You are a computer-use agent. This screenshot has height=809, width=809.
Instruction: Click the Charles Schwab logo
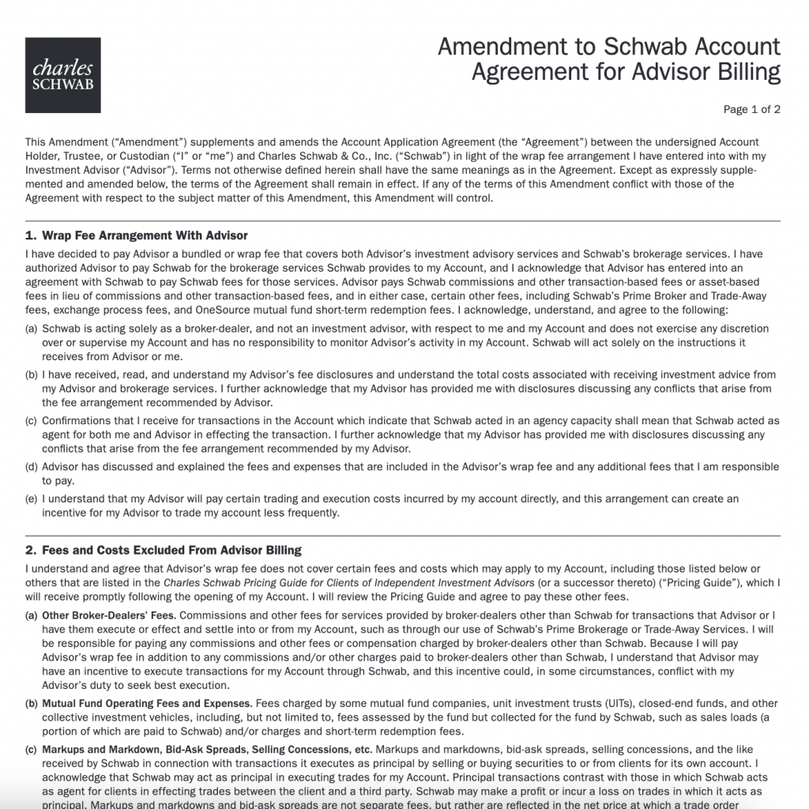(62, 74)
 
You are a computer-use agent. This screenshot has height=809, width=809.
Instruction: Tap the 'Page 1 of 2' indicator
(751, 110)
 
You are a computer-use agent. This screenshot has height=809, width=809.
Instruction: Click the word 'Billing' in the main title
(745, 73)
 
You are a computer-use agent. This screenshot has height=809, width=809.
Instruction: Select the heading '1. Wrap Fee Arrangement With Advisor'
(137, 235)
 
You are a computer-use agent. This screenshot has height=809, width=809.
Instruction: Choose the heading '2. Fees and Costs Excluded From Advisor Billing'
(163, 550)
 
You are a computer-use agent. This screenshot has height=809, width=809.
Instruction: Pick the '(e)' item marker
(32, 499)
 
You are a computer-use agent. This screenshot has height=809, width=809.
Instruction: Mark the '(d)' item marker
(32, 466)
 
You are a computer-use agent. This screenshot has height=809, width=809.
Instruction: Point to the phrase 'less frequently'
(301, 513)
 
